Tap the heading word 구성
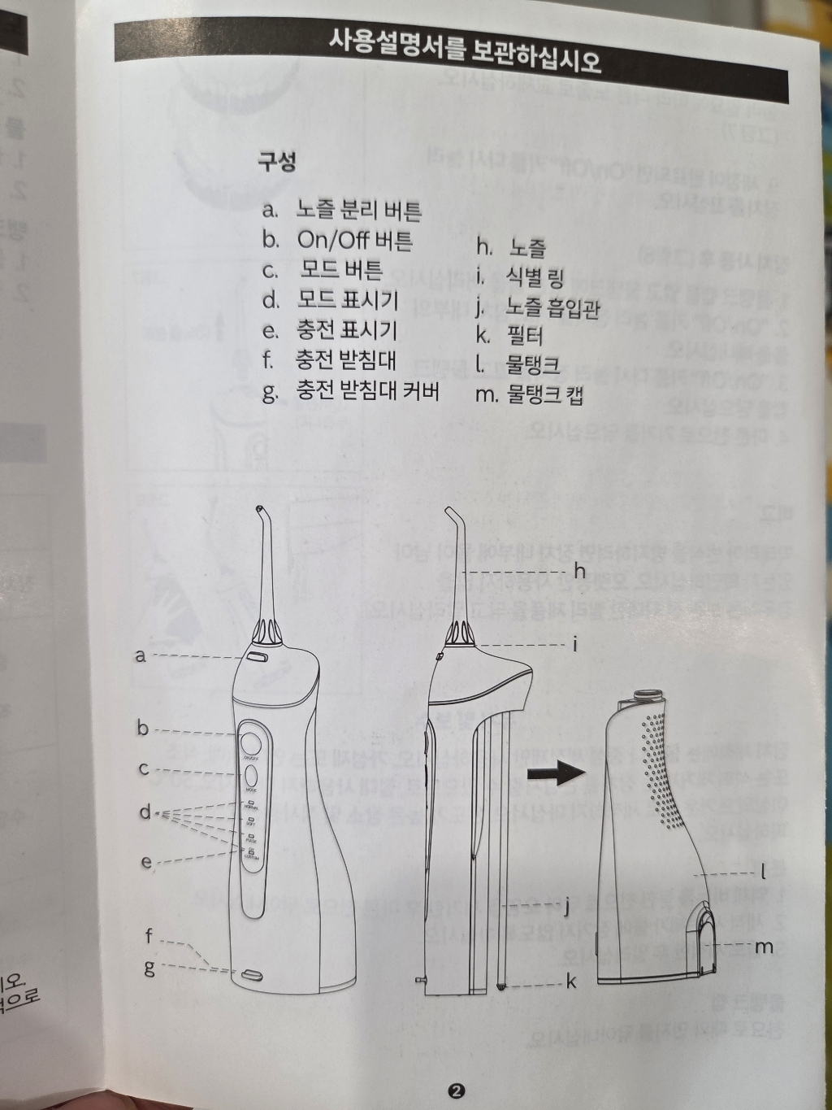click(277, 162)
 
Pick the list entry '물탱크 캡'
click(544, 395)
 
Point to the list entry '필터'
click(524, 335)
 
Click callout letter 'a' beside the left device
click(141, 655)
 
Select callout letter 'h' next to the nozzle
click(579, 572)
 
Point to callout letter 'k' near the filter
click(571, 982)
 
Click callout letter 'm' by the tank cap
click(764, 947)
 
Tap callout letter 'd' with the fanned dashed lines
click(145, 812)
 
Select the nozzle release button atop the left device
click(258, 655)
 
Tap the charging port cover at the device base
click(249, 973)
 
